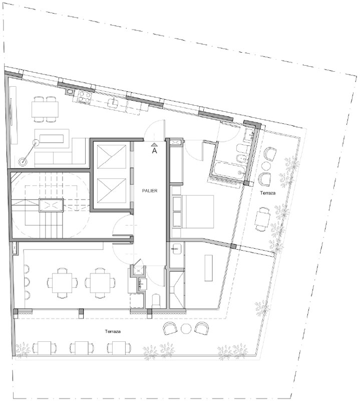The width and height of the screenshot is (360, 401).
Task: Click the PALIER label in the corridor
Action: point(150,190)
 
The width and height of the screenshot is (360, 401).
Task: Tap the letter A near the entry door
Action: point(154,151)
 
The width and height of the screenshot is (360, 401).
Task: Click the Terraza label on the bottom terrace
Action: point(113,331)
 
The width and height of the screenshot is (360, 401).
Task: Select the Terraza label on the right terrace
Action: point(268,193)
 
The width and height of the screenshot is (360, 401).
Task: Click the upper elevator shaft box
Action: point(112,156)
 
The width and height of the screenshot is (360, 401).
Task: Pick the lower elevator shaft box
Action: point(112,190)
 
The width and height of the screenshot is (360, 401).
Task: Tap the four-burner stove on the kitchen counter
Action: point(85,97)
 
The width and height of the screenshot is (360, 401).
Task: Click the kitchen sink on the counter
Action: point(113,102)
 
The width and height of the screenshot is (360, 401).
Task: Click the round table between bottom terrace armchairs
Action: point(186,329)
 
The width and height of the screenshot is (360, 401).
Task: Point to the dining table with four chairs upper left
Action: point(45,109)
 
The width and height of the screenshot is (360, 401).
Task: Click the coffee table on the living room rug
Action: point(52,139)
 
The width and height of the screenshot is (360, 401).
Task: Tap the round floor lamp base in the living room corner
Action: point(23,161)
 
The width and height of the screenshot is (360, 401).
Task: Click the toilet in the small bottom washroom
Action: point(156,300)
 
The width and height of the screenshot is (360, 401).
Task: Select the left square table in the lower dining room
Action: point(62,283)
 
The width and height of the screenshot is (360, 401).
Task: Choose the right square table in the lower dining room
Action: point(100,283)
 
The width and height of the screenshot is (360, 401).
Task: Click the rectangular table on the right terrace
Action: point(263,219)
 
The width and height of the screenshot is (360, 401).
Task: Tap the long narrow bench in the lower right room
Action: point(209,268)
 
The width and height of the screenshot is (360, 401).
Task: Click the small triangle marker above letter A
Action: point(154,145)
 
